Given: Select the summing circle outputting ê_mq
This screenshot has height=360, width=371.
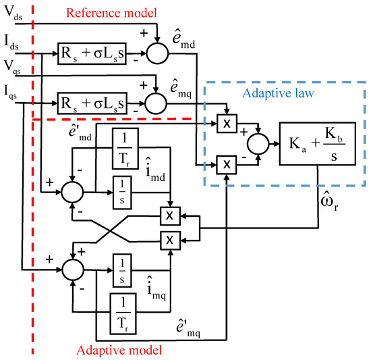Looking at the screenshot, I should click(x=156, y=103).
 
